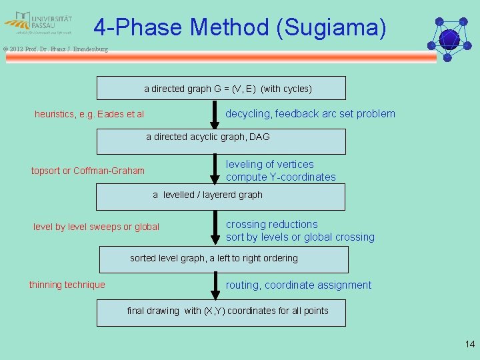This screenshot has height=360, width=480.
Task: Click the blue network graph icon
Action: pyautogui.click(x=450, y=38)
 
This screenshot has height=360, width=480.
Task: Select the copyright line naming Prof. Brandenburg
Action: pyautogui.click(x=55, y=49)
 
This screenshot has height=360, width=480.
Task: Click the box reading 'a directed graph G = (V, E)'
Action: pyautogui.click(x=221, y=88)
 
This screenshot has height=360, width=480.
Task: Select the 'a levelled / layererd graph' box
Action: pyautogui.click(x=221, y=196)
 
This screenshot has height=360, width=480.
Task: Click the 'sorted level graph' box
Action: pyautogui.click(x=224, y=259)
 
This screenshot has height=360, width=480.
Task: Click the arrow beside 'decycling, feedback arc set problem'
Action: pyautogui.click(x=214, y=115)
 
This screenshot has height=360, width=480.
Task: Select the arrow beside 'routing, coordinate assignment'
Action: pyautogui.click(x=214, y=285)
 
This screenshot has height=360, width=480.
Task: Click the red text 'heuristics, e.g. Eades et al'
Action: pyautogui.click(x=89, y=114)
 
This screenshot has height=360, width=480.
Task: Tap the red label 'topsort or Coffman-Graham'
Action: pyautogui.click(x=88, y=171)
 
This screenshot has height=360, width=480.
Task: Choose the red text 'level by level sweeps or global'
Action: pyautogui.click(x=96, y=227)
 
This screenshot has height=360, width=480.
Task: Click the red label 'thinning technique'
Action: pyautogui.click(x=67, y=285)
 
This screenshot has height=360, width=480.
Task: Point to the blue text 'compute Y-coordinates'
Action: pyautogui.click(x=281, y=177)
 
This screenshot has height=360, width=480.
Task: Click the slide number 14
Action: pyautogui.click(x=470, y=344)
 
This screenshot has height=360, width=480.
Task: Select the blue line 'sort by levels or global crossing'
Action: pyautogui.click(x=300, y=237)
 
